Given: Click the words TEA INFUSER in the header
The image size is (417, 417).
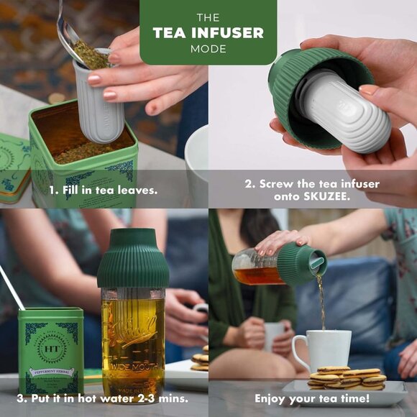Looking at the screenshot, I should click(x=208, y=33).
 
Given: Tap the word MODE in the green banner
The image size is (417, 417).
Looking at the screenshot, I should click(x=208, y=49).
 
